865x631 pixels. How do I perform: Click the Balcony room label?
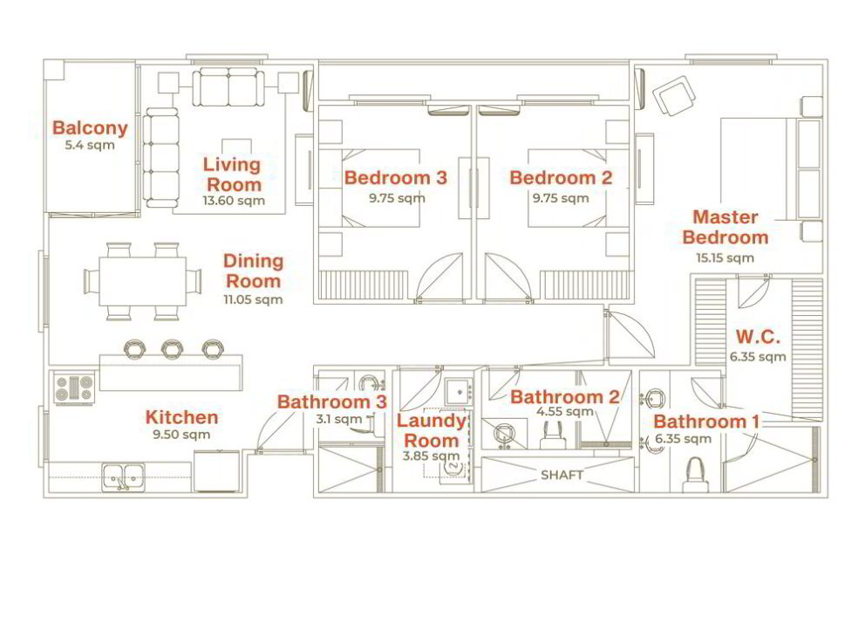tap(90, 128)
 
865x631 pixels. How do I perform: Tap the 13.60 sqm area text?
tap(234, 201)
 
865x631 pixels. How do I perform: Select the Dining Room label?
tap(253, 271)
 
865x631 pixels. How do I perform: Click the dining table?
tap(142, 282)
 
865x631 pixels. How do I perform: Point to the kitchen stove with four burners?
tap(74, 388)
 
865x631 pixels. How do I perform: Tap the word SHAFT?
tap(562, 475)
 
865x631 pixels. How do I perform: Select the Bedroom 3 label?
tap(396, 178)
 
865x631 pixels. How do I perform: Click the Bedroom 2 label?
tap(561, 178)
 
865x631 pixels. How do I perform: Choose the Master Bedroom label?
tap(725, 227)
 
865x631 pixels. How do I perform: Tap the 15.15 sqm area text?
tap(725, 257)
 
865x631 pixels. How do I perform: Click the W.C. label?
tap(758, 336)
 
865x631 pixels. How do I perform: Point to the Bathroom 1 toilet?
tap(695, 475)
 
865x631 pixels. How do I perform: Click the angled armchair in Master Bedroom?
tap(674, 95)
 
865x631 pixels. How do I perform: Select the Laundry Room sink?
tap(459, 391)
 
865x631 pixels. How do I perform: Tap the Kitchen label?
tap(181, 417)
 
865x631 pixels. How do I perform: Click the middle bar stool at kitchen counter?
tap(172, 348)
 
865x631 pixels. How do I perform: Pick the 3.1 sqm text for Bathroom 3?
tap(338, 420)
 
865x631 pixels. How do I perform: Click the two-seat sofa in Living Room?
tap(228, 87)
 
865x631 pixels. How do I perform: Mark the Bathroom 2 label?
tap(565, 397)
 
